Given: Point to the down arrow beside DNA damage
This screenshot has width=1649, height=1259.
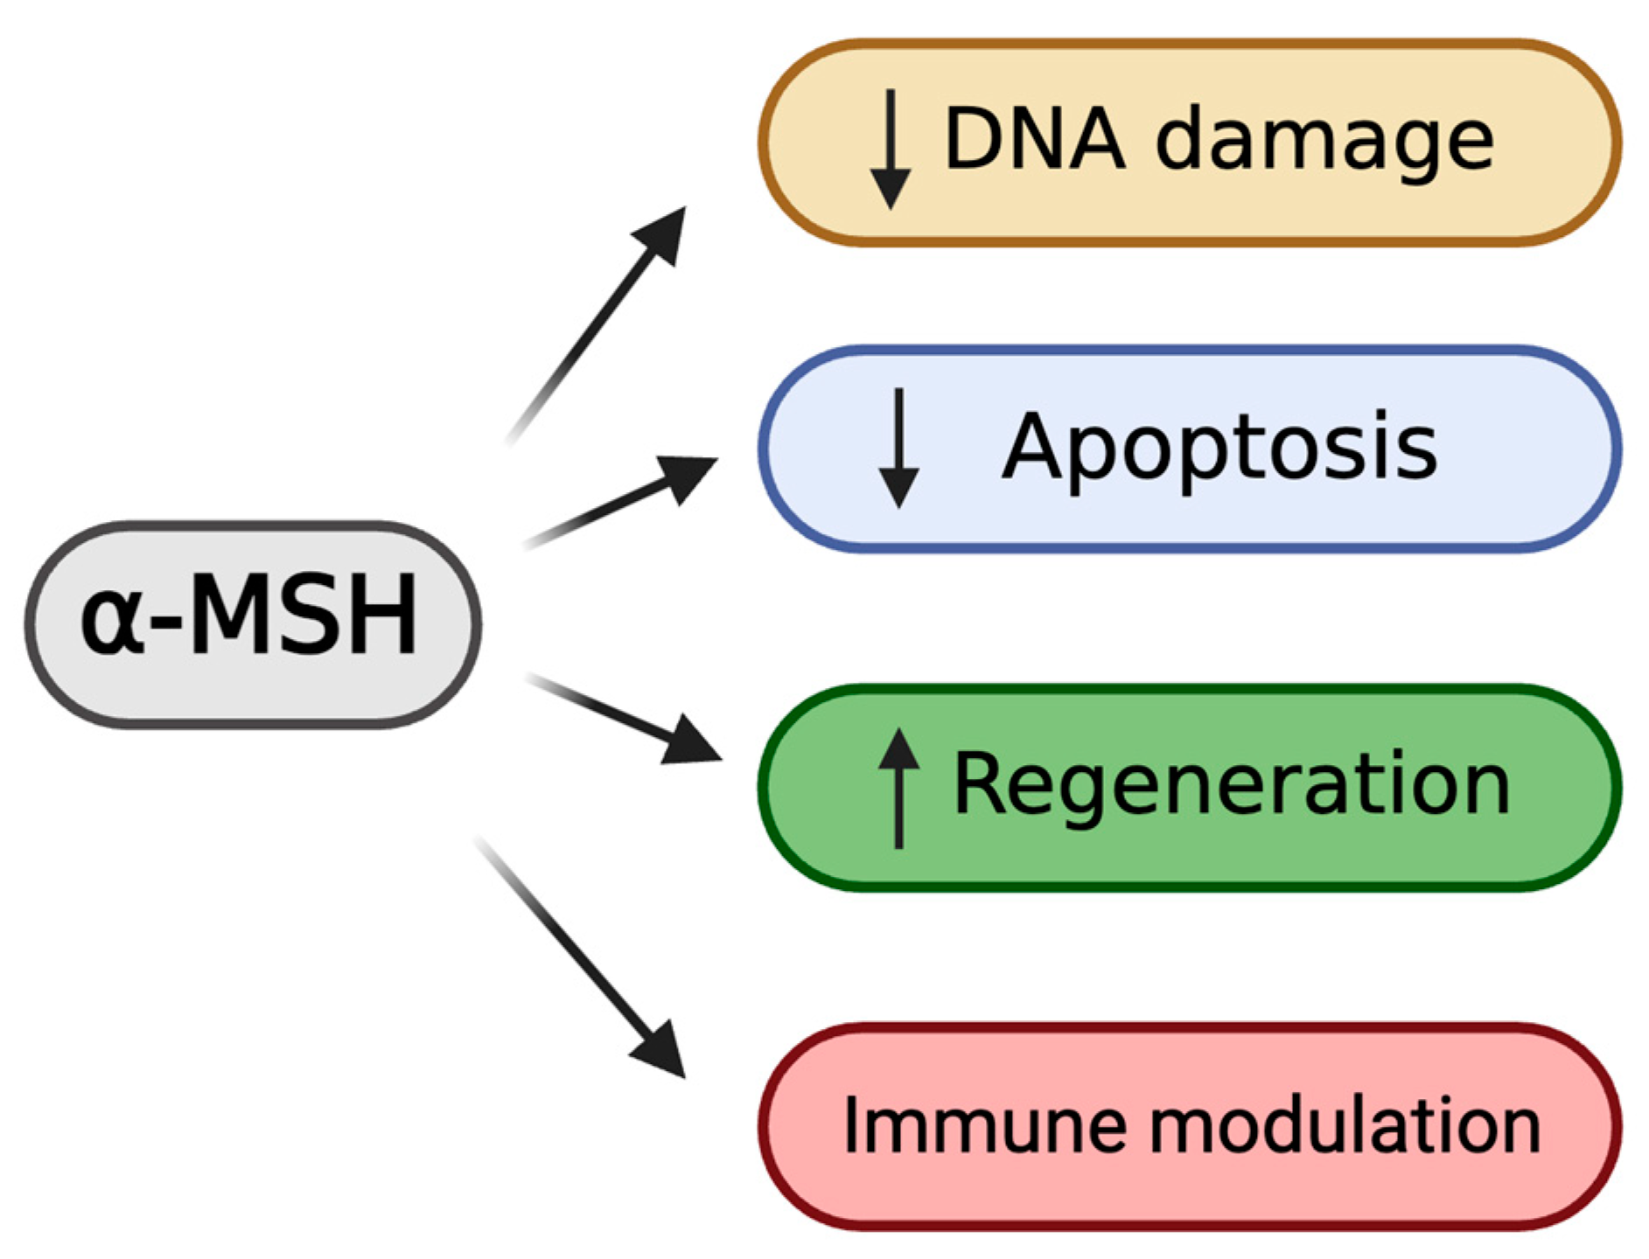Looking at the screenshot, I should click(x=890, y=149).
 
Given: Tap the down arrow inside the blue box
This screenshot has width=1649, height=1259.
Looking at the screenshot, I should click(x=898, y=448).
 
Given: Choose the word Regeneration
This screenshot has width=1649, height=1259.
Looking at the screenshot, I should click(x=1231, y=784).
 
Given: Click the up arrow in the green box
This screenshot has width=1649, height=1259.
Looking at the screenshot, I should click(x=898, y=786).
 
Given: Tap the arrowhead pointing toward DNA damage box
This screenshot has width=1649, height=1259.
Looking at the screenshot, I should click(x=663, y=234).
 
